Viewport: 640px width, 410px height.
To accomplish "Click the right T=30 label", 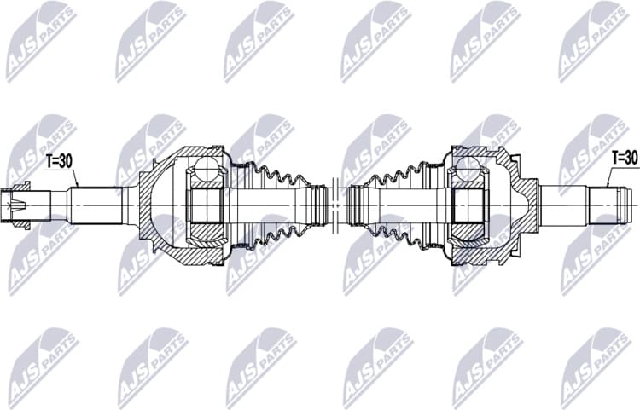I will point(625,157).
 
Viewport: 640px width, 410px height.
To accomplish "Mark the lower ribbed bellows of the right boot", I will point(397,234).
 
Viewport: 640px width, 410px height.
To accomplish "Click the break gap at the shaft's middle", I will point(339,205).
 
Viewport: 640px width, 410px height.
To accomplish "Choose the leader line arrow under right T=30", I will point(607,179).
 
